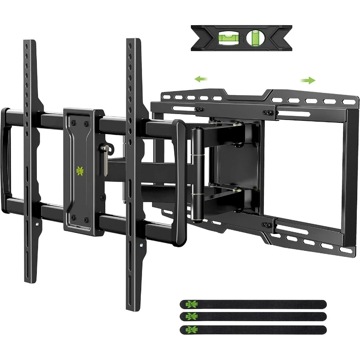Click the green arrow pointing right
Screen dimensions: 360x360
(x=308, y=80)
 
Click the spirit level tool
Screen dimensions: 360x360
(x=241, y=38)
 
